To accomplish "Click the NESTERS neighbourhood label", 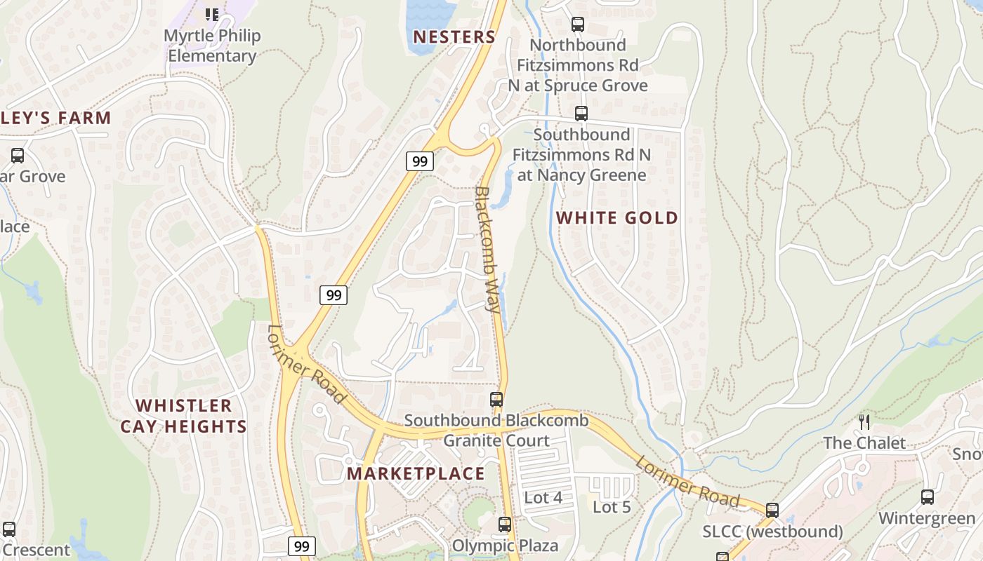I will [x=454, y=37].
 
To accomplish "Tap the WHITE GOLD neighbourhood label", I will [x=617, y=218].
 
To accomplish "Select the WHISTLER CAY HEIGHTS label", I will [x=183, y=416].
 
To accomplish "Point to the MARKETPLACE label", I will [x=416, y=473].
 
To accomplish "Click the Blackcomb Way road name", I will [x=489, y=249].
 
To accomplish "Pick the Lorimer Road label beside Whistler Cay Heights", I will [x=307, y=364].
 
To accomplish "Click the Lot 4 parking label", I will [x=543, y=498].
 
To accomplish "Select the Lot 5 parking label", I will [x=612, y=507].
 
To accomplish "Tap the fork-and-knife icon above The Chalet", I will [x=864, y=422].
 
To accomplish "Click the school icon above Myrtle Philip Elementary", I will [x=212, y=14].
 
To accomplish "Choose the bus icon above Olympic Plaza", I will [x=504, y=525].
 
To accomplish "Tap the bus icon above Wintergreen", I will [x=928, y=497].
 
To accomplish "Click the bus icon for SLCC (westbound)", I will [x=772, y=511].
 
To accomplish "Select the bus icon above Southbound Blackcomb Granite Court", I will [x=496, y=400].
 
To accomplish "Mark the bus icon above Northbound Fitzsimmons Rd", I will [x=578, y=25].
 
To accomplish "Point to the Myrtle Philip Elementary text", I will [x=212, y=46].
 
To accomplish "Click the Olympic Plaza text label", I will [x=505, y=546].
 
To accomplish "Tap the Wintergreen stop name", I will [x=927, y=519].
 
